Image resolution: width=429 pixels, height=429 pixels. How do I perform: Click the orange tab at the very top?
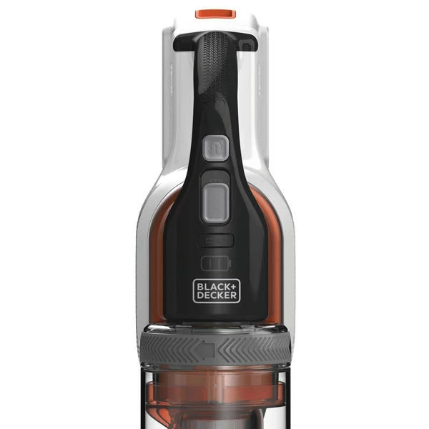point(216,14)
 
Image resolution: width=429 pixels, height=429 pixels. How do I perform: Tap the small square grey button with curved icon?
point(215,148)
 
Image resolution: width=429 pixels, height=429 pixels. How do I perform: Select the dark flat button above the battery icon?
point(216,241)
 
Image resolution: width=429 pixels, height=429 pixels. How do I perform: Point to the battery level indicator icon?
point(216,263)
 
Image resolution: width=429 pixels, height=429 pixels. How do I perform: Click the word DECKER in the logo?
point(217,295)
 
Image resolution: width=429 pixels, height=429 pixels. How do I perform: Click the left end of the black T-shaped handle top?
point(175,44)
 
